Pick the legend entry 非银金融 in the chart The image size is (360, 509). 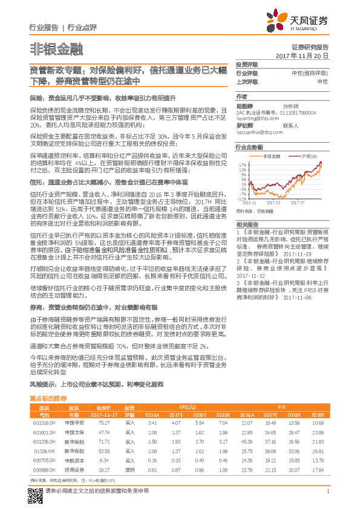point(275,156)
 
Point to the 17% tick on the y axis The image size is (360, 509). point(241,163)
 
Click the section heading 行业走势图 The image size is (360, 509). point(249,147)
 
